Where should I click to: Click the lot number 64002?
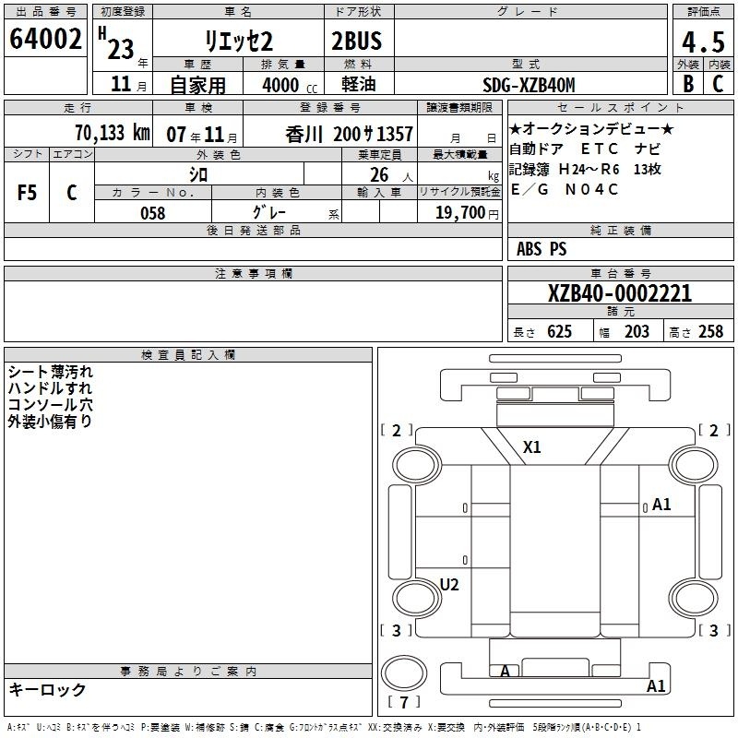[45, 39]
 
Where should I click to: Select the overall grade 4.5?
[703, 42]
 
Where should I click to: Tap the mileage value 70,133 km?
[113, 133]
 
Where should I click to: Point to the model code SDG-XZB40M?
[529, 85]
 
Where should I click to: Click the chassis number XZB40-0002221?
[620, 293]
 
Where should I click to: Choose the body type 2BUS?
[356, 41]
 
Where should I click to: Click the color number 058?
[153, 213]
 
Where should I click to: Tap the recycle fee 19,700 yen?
[467, 213]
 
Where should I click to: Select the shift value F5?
[27, 193]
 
